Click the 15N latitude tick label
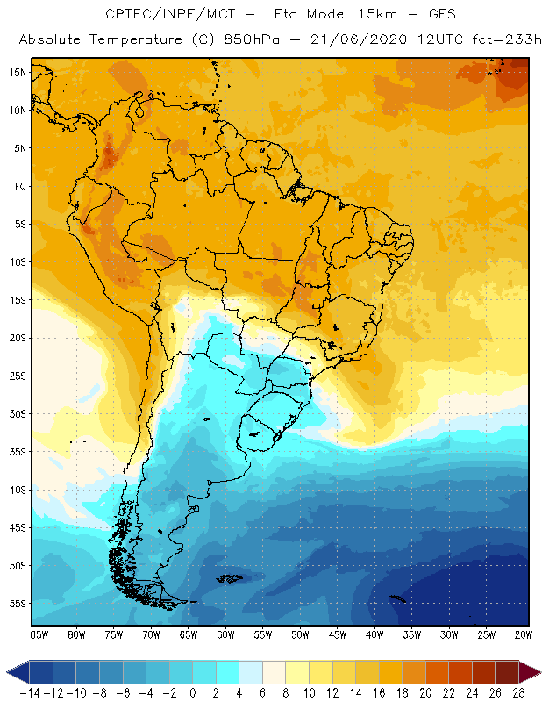click(16, 72)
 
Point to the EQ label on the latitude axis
click(18, 186)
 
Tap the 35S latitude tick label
click(16, 452)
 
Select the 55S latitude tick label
click(16, 604)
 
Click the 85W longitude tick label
click(39, 634)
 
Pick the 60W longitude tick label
click(226, 634)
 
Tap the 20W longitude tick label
click(524, 634)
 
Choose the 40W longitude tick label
click(374, 634)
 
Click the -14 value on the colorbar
click(30, 693)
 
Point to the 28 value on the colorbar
click(518, 693)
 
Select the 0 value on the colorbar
click(193, 693)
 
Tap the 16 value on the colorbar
click(379, 693)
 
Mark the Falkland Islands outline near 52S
click(232, 578)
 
